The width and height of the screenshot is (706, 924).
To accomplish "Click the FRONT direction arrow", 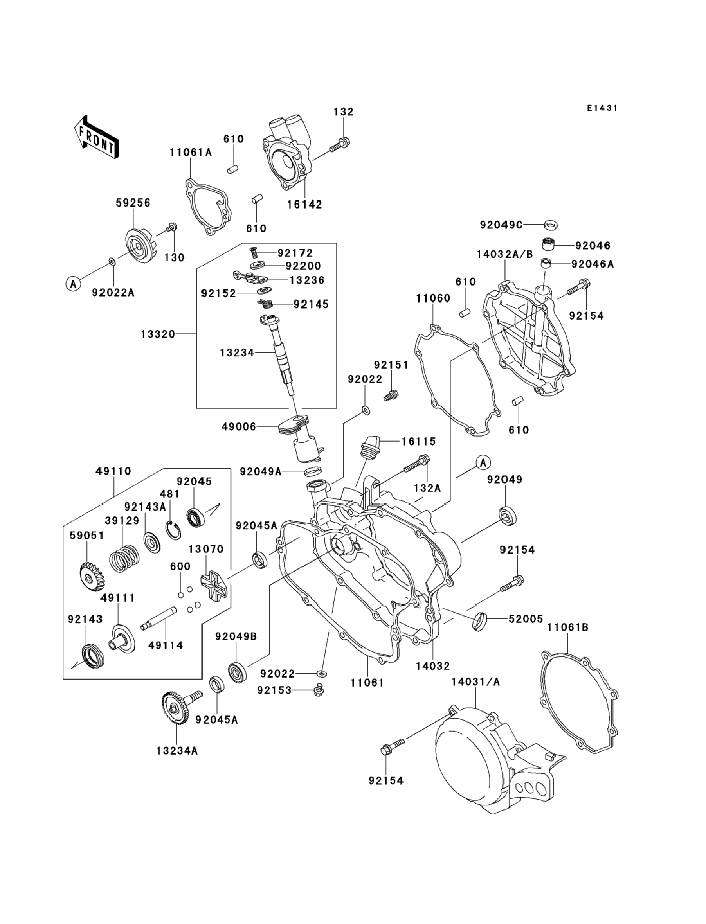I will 96,137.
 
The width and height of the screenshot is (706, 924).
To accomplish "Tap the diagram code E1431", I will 602,108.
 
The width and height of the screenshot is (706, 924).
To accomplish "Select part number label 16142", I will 305,205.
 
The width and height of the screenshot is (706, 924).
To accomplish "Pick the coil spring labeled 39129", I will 124,558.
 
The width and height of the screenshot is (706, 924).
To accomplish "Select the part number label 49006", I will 239,427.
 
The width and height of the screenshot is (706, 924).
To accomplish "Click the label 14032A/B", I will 504,255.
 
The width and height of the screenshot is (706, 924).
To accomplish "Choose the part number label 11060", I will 433,298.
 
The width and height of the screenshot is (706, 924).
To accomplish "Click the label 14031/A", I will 476,682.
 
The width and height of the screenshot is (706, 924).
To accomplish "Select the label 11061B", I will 568,639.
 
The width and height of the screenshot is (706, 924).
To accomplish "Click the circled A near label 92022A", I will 74,284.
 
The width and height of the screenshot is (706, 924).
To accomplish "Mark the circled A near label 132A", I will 483,463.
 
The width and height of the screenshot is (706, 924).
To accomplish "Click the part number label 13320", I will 158,334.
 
